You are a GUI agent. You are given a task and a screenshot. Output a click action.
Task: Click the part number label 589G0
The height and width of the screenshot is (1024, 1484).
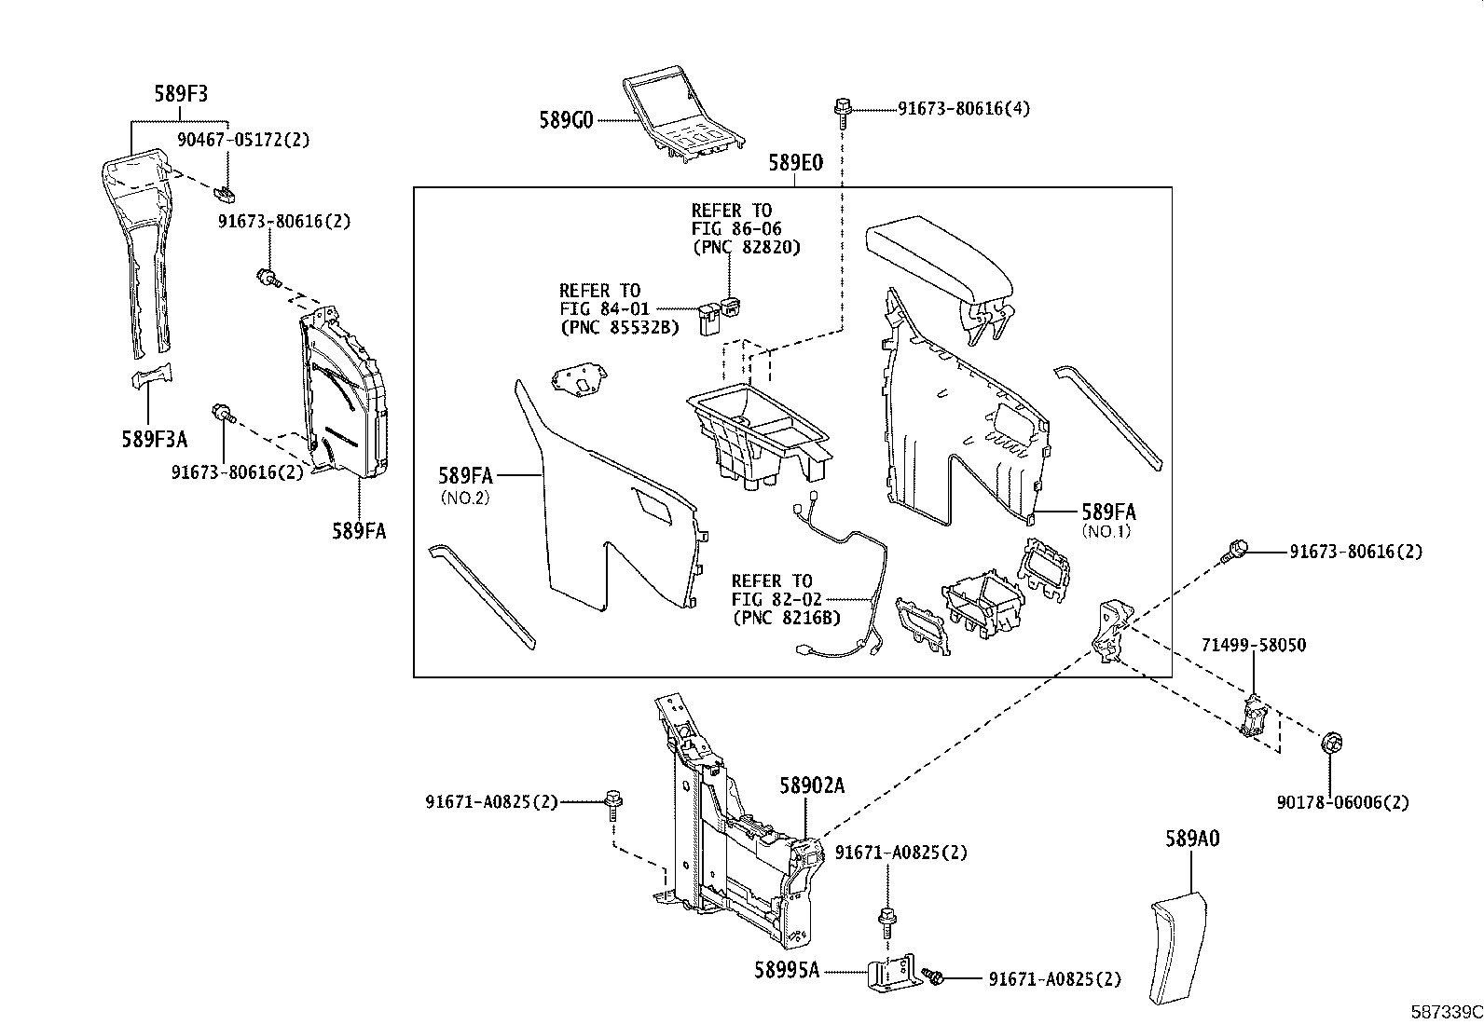coord(566,120)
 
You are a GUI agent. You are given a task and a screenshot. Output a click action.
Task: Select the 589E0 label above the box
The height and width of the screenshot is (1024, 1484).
coord(795,163)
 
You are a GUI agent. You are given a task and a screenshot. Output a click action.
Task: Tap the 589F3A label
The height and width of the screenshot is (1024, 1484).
coord(154,438)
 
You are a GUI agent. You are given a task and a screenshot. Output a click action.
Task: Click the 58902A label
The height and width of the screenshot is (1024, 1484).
coord(812,786)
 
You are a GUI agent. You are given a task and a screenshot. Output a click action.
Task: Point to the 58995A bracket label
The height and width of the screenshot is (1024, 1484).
coord(787,970)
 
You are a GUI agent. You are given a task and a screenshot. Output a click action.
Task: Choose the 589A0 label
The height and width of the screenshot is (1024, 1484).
coord(1191,838)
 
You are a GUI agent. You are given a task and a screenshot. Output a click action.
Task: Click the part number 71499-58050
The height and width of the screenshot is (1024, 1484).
coord(1253,645)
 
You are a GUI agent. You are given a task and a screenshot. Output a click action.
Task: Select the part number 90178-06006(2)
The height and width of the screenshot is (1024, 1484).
coord(1342,802)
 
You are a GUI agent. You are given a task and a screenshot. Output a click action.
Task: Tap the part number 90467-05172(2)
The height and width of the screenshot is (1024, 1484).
coord(243,140)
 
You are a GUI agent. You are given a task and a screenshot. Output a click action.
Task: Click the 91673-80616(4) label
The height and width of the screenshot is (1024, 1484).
coord(964,109)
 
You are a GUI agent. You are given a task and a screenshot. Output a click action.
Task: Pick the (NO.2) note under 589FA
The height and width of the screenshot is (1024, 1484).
coord(464,498)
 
